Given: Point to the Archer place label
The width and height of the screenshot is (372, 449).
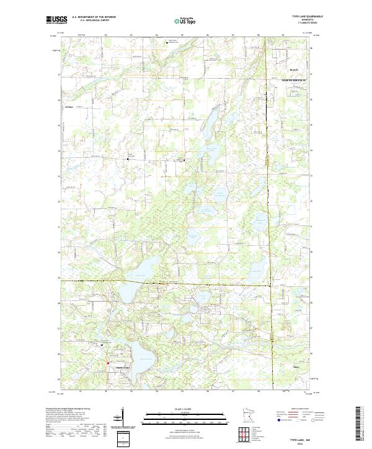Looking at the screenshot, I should [69, 107].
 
